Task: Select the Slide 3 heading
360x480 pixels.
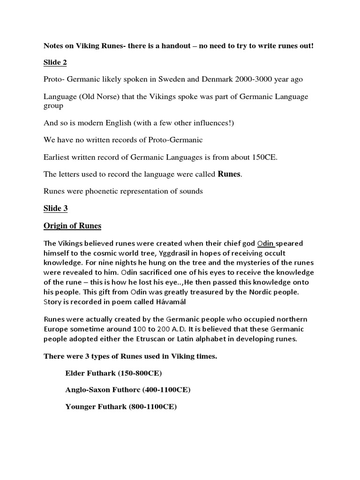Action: coord(55,209)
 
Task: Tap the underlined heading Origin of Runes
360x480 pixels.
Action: coord(72,226)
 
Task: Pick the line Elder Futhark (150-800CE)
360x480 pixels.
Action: coord(114,374)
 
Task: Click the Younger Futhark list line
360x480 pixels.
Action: coord(120,407)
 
